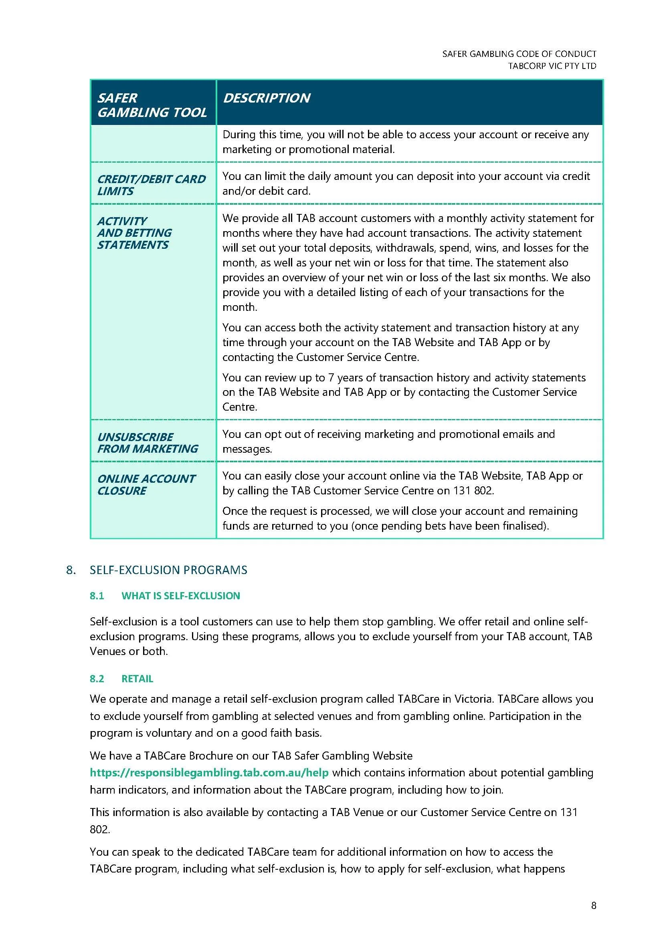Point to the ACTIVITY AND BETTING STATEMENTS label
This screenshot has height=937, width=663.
click(134, 233)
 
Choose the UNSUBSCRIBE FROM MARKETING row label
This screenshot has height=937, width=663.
click(148, 443)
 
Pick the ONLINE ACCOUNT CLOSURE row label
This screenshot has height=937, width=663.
click(146, 484)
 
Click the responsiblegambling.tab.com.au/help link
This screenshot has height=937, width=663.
click(209, 772)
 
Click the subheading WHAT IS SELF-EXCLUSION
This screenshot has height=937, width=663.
click(180, 596)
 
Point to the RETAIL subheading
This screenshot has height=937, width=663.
click(137, 679)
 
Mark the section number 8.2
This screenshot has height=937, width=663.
click(97, 679)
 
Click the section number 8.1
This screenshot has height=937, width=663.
click(97, 596)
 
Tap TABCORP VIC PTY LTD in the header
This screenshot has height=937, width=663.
click(552, 66)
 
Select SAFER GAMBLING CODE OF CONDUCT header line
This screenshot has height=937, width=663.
click(519, 54)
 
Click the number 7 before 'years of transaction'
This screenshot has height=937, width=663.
click(331, 377)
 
